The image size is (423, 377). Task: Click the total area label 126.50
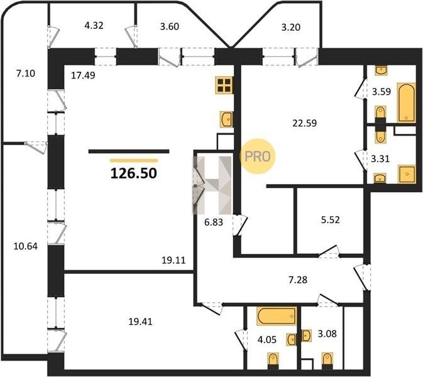pos(133,173)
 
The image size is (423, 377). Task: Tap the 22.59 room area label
pos(305,123)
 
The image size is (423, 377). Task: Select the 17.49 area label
pos(83,75)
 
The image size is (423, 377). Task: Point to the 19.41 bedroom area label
pos(140,322)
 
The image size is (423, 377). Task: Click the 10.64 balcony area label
pos(26,246)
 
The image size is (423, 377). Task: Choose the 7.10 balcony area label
pos(26,73)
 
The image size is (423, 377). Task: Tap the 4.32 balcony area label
pos(94,26)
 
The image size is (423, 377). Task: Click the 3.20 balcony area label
pos(291,27)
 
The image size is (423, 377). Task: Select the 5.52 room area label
pos(330,220)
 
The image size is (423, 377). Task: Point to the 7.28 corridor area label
pos(298,280)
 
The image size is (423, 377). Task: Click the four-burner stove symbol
pos(224,85)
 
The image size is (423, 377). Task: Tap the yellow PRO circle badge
pos(257,156)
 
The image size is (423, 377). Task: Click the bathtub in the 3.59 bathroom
pos(406,103)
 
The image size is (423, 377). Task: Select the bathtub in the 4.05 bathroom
pos(277,315)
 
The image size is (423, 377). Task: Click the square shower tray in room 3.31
pos(407,174)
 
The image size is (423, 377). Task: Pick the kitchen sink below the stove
pos(226,119)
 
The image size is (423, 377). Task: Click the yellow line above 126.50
pos(134,161)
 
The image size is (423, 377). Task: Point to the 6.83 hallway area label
pos(214,222)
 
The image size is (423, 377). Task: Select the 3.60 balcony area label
pos(170,26)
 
